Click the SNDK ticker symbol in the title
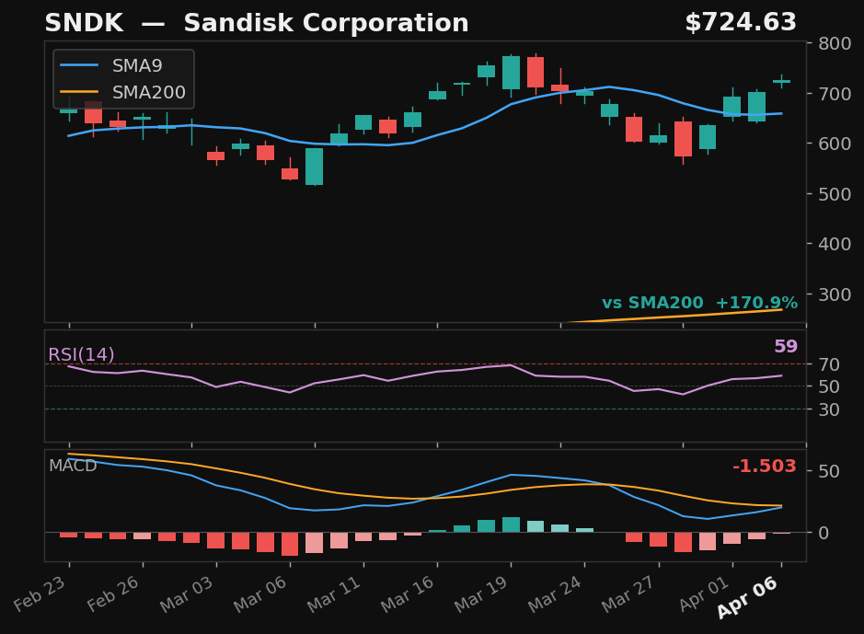84,24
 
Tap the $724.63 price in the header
741,24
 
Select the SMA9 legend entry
136,66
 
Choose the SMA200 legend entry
148,93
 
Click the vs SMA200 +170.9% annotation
699,304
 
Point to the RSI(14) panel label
81,355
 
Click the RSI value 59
785,347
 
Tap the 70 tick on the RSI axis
827,364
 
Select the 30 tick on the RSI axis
827,409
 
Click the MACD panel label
73,467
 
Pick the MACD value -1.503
764,467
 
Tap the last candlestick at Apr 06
781,82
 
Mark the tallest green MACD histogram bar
511,524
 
